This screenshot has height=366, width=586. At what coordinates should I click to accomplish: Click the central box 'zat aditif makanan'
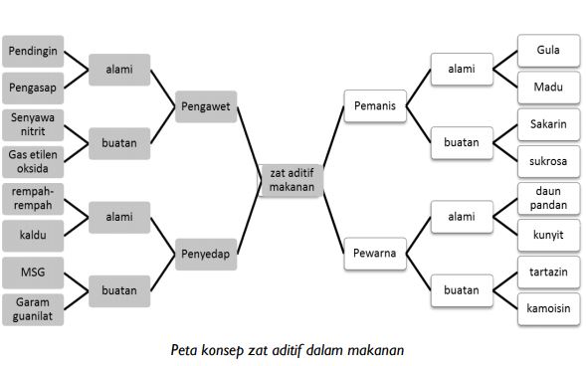(x=292, y=178)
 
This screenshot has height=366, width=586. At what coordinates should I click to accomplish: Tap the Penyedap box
(x=207, y=254)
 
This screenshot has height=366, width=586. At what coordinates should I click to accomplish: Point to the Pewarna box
(x=374, y=253)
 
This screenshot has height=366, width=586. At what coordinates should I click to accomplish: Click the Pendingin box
(x=33, y=50)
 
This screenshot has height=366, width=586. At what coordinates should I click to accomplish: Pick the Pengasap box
(x=33, y=88)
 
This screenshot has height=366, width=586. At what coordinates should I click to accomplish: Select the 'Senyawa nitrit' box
(x=33, y=123)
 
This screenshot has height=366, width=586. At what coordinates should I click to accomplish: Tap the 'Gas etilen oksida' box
(x=33, y=161)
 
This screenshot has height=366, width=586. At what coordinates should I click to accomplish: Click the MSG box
(x=33, y=271)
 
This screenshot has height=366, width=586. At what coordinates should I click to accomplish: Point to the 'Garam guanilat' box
(x=33, y=308)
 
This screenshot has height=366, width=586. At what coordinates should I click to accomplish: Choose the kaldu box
(x=33, y=235)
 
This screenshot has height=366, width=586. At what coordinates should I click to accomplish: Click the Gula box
(x=548, y=50)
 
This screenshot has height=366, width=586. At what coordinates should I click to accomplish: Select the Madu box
(x=548, y=88)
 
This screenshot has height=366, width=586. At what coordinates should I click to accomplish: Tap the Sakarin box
(x=548, y=123)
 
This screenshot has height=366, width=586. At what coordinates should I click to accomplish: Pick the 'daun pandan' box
(x=548, y=197)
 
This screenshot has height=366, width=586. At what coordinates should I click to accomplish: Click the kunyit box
(x=548, y=235)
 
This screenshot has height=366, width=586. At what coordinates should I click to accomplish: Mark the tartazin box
(x=548, y=271)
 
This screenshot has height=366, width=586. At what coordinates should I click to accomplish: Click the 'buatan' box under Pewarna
(x=461, y=289)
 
